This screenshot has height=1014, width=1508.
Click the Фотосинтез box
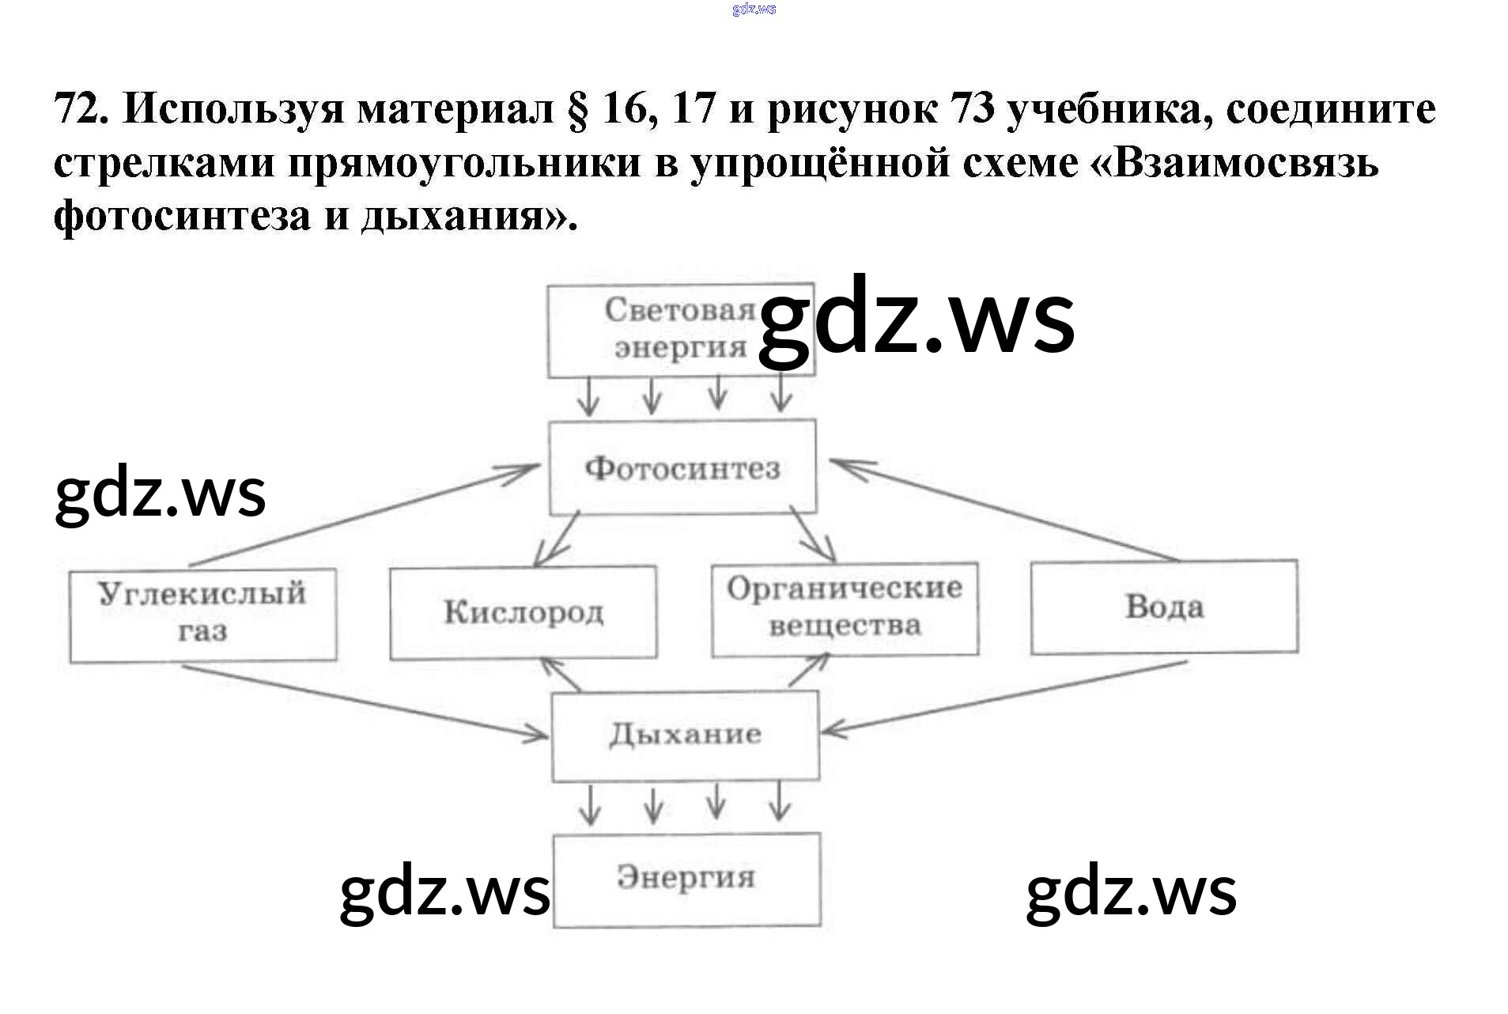682,467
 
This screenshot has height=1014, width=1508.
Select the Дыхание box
685,735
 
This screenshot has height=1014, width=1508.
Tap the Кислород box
523,612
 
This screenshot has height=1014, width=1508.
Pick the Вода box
1163,607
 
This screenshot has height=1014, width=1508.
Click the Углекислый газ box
202,614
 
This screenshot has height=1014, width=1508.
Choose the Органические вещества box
845,608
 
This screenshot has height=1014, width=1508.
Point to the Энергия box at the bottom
686,878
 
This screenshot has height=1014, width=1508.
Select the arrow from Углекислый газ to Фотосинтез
364,516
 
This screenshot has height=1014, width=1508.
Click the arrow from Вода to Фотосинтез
1004,510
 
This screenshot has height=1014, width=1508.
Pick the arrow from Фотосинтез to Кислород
557,539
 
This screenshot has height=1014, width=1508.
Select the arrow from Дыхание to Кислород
561,675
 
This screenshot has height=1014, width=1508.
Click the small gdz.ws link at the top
754,9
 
